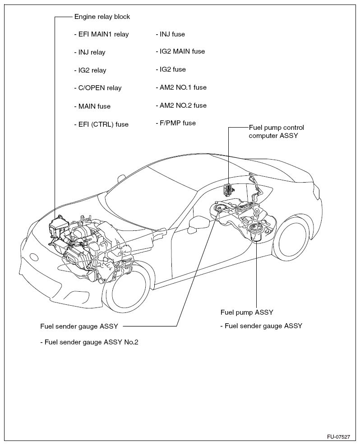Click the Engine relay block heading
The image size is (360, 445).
102,17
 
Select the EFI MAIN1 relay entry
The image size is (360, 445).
101,34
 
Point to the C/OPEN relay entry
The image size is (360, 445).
97,88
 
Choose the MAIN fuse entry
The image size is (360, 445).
92,106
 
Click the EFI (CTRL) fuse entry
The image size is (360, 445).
101,124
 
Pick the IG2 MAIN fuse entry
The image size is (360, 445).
180,51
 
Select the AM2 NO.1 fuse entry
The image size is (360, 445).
180,87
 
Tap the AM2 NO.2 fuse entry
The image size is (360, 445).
180,106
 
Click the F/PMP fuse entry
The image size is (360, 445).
175,123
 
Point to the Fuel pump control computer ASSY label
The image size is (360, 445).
273,131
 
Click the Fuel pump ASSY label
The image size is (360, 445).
247,312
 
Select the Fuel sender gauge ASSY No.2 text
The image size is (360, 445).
89,342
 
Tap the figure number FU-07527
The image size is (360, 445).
338,437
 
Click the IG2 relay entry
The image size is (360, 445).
89,70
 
